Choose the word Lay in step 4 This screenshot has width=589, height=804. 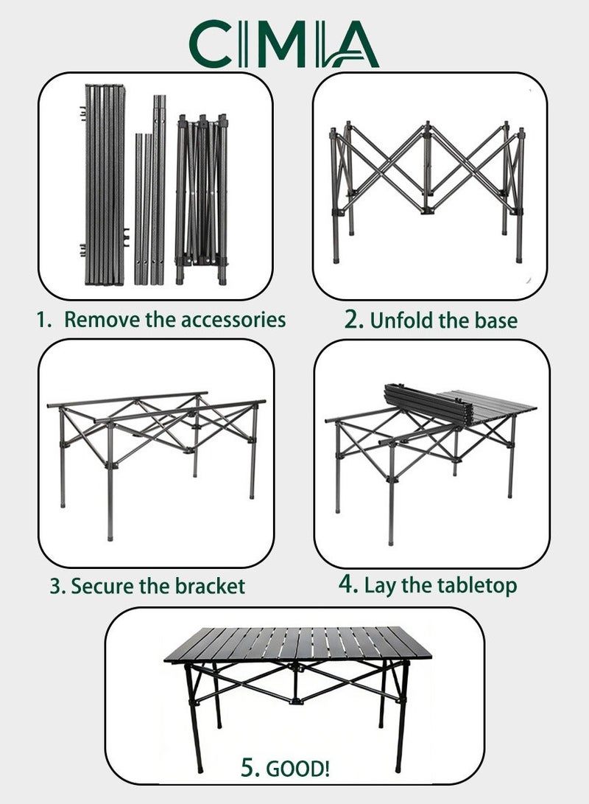380,586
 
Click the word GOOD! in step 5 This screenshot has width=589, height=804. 298,769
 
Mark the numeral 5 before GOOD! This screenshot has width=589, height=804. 247,768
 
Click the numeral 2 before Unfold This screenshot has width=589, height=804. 352,319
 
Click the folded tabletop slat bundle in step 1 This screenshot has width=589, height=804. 105,184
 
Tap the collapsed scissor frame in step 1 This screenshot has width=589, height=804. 202,199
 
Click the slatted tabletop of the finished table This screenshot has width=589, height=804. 297,644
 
